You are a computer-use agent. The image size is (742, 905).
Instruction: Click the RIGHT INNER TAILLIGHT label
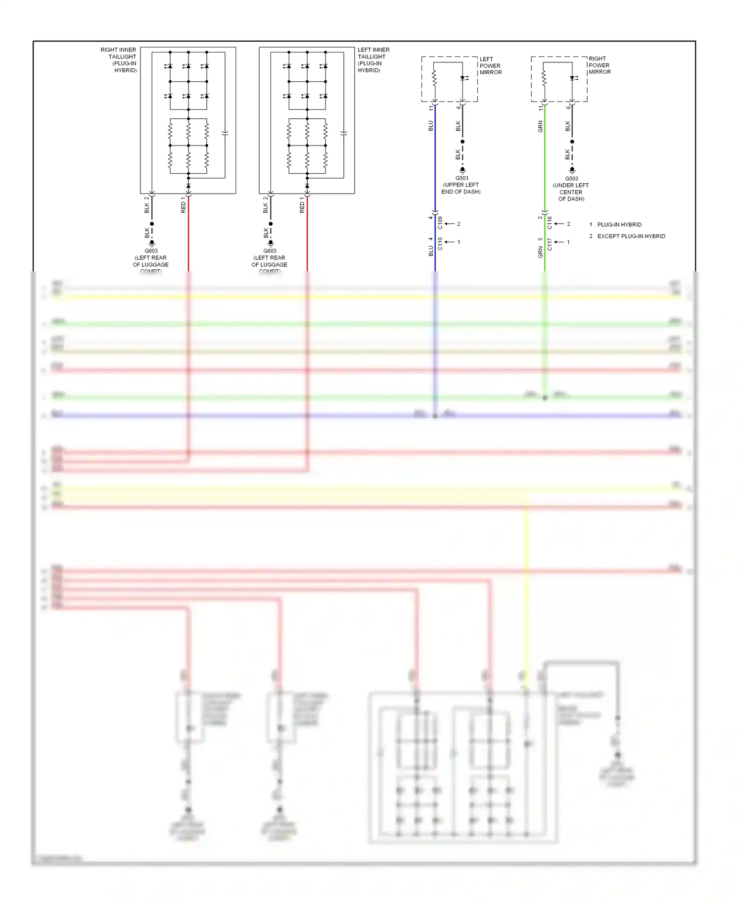pyautogui.click(x=119, y=60)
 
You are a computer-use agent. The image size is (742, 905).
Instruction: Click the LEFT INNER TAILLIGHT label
pyautogui.click(x=373, y=60)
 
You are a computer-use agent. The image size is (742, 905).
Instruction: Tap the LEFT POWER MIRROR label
pyautogui.click(x=490, y=66)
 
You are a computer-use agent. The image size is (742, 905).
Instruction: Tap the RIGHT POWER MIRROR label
pyautogui.click(x=600, y=65)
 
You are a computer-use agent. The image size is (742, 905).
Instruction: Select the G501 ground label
pyautogui.click(x=461, y=185)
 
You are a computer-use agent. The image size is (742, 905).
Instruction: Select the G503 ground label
pyautogui.click(x=571, y=189)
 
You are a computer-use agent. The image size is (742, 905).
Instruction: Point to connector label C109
pyautogui.click(x=440, y=223)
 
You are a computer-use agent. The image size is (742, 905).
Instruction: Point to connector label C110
pyautogui.click(x=440, y=244)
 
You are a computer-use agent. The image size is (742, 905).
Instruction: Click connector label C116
pyautogui.click(x=549, y=223)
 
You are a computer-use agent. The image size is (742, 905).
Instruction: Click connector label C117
pyautogui.click(x=549, y=244)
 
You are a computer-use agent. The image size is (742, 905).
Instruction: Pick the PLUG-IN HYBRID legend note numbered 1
pyautogui.click(x=619, y=224)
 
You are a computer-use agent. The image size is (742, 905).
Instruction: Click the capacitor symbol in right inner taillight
pyautogui.click(x=225, y=133)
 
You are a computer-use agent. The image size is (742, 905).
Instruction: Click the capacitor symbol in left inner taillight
pyautogui.click(x=344, y=133)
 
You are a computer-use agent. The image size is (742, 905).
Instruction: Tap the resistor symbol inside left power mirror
pyautogui.click(x=434, y=78)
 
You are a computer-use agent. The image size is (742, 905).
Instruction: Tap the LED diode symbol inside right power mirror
pyautogui.click(x=572, y=78)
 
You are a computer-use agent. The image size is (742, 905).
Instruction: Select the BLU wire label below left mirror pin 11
pyautogui.click(x=430, y=126)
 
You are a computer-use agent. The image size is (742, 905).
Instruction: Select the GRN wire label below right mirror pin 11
pyautogui.click(x=540, y=126)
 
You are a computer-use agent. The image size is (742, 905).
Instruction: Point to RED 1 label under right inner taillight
pyautogui.click(x=183, y=205)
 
